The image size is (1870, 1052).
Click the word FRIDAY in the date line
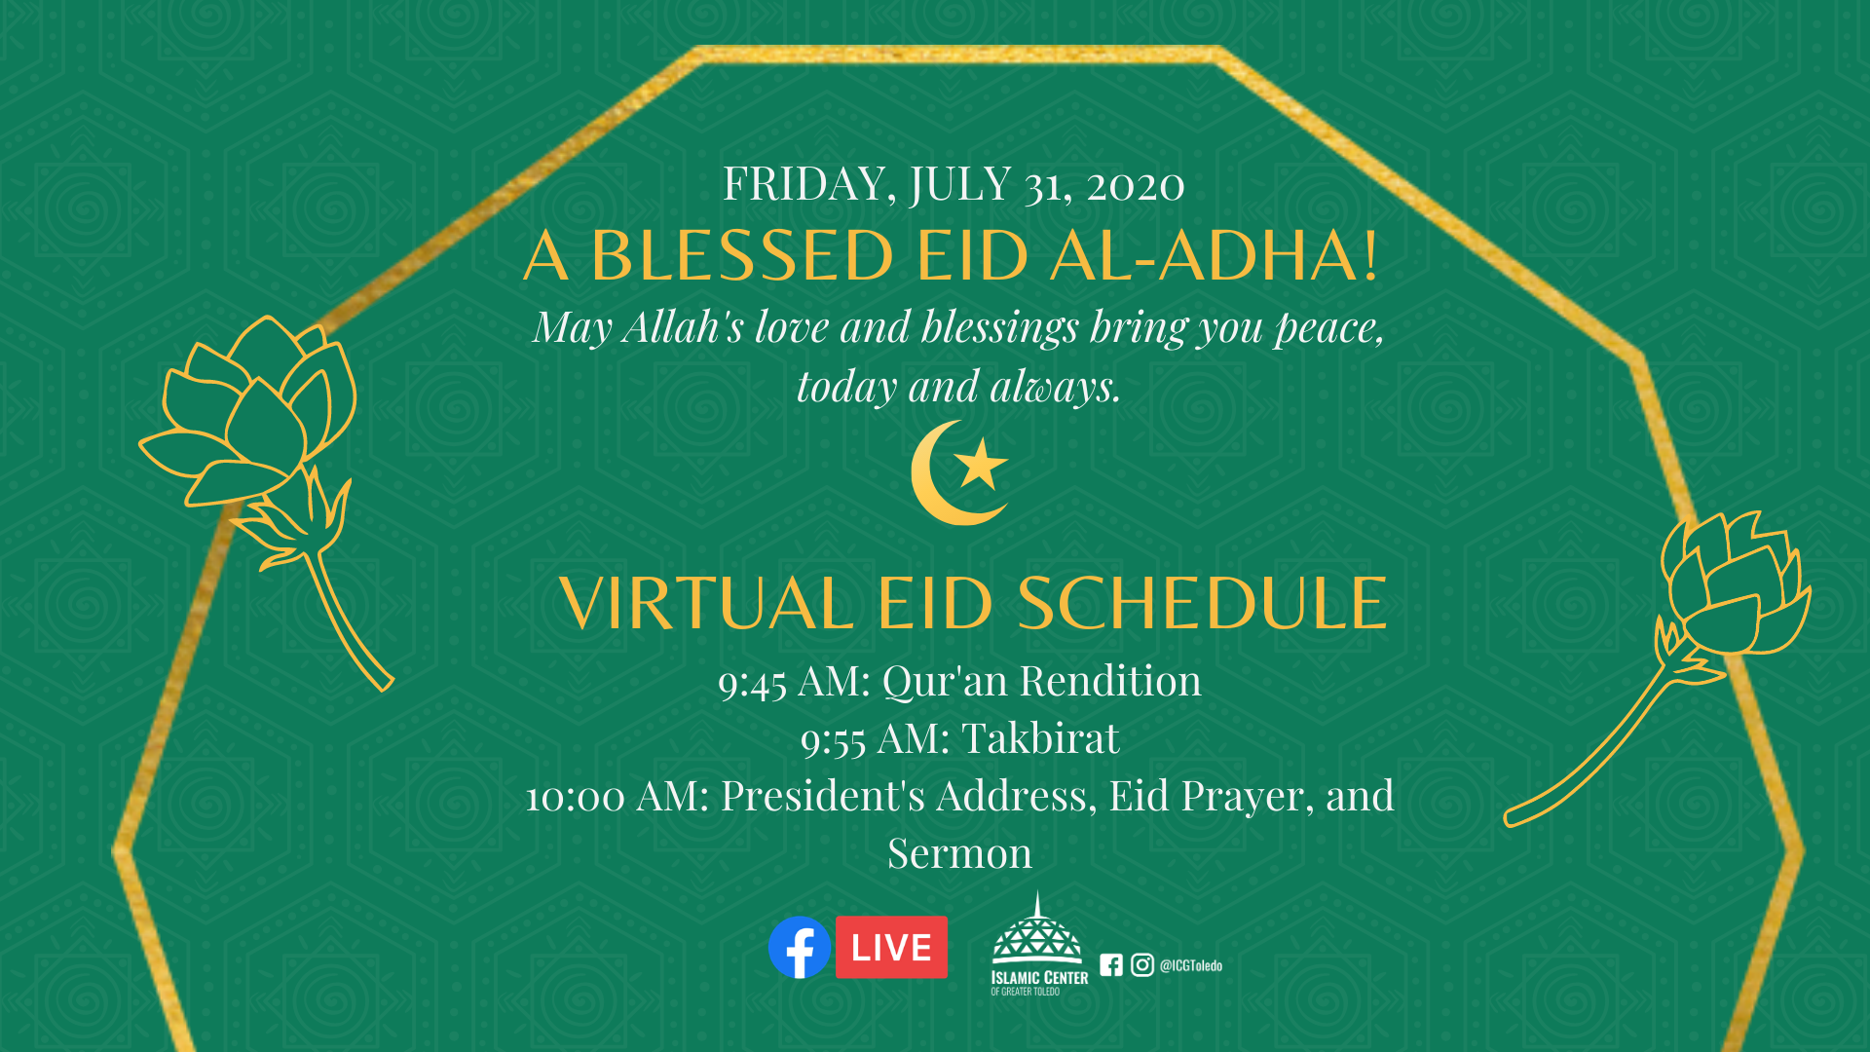pos(804,184)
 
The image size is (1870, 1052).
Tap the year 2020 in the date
pos(1136,185)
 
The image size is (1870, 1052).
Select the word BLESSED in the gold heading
pos(742,256)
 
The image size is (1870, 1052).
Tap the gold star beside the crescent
pos(981,464)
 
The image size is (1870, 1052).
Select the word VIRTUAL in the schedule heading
pos(707,603)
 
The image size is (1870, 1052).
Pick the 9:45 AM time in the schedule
pos(793,681)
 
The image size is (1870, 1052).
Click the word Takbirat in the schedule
pos(1040,738)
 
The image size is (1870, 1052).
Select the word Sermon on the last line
pos(959,853)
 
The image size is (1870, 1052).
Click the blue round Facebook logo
pos(800,947)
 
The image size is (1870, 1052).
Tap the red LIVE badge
pos(891,947)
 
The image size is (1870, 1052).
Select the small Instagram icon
pos(1142,964)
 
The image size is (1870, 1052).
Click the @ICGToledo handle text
pos(1190,965)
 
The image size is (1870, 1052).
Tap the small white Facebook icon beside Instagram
pos(1111,964)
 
